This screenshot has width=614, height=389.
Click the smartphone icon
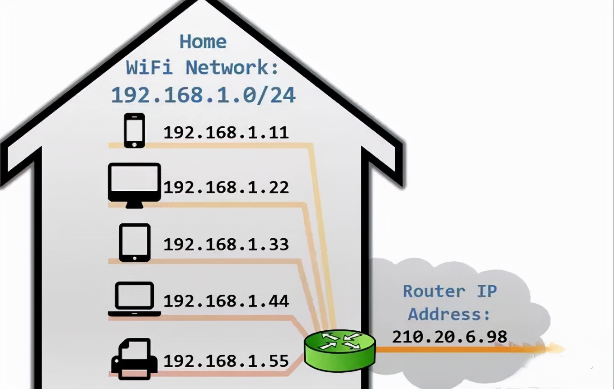click(134, 130)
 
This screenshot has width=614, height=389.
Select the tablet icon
click(134, 242)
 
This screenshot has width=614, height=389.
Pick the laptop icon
click(134, 299)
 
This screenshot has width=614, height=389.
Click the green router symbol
click(340, 349)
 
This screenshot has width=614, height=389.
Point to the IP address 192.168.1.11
click(226, 133)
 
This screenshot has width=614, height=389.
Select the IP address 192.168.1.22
click(226, 187)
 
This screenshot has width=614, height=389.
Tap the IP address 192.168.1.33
click(226, 244)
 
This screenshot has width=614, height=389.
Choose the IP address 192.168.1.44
click(226, 301)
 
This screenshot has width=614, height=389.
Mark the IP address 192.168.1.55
click(226, 361)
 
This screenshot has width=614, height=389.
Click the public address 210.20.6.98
click(449, 337)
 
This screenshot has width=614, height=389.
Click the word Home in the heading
click(203, 42)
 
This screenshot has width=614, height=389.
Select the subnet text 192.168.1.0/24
click(203, 95)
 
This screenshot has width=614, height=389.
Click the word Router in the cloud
click(434, 291)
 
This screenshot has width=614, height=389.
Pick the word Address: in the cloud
click(449, 314)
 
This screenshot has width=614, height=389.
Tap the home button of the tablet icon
click(134, 258)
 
